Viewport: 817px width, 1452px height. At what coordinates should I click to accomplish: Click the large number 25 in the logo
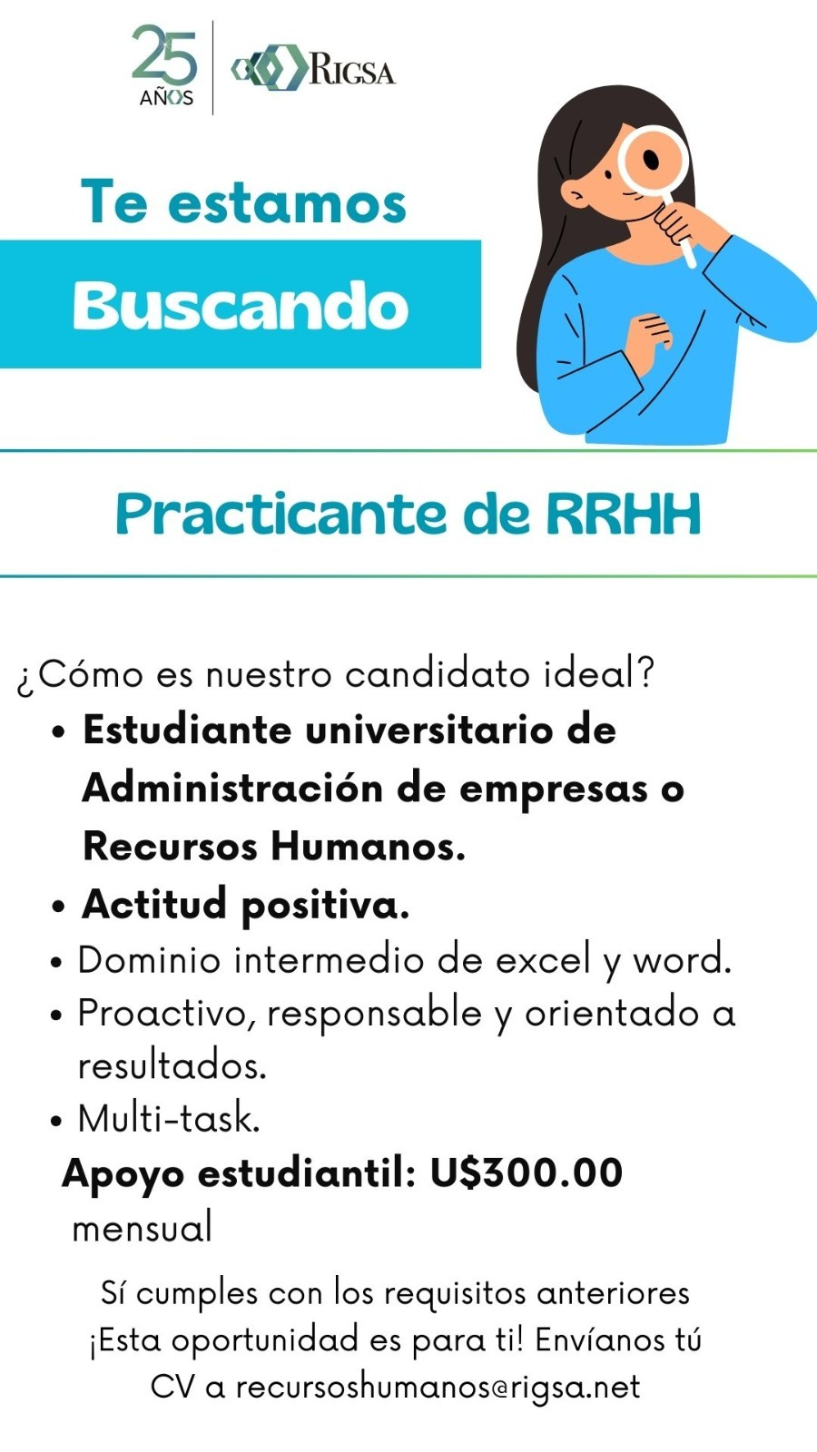click(164, 54)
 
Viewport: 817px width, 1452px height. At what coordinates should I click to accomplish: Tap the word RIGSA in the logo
click(352, 70)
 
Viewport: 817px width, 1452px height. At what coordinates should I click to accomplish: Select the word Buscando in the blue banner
click(241, 306)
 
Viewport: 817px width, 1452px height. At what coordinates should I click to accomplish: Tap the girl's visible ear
click(575, 193)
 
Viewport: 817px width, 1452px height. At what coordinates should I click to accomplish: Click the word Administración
click(232, 789)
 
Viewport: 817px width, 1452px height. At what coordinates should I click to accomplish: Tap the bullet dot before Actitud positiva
click(60, 907)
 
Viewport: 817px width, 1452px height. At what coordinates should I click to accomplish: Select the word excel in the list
click(544, 960)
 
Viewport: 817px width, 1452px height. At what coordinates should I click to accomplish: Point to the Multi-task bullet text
click(169, 1118)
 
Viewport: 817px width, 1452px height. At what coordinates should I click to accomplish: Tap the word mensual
click(142, 1228)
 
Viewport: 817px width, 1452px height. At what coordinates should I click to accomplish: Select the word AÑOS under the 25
click(167, 98)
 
